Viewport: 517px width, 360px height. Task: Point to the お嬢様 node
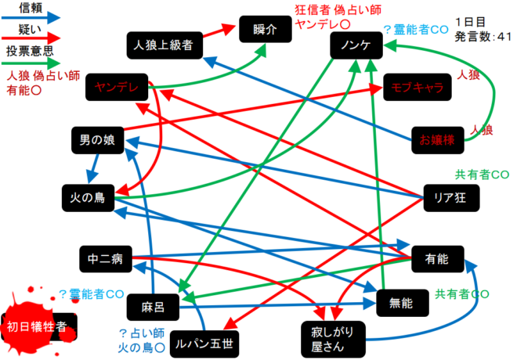[x=437, y=140]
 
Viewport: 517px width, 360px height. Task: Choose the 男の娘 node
[x=97, y=140]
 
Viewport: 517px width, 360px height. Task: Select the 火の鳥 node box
[x=89, y=196]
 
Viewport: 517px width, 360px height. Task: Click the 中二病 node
[x=104, y=256]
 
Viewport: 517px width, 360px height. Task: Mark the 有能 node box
[x=436, y=257]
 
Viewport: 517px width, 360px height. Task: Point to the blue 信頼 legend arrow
[x=31, y=16]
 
